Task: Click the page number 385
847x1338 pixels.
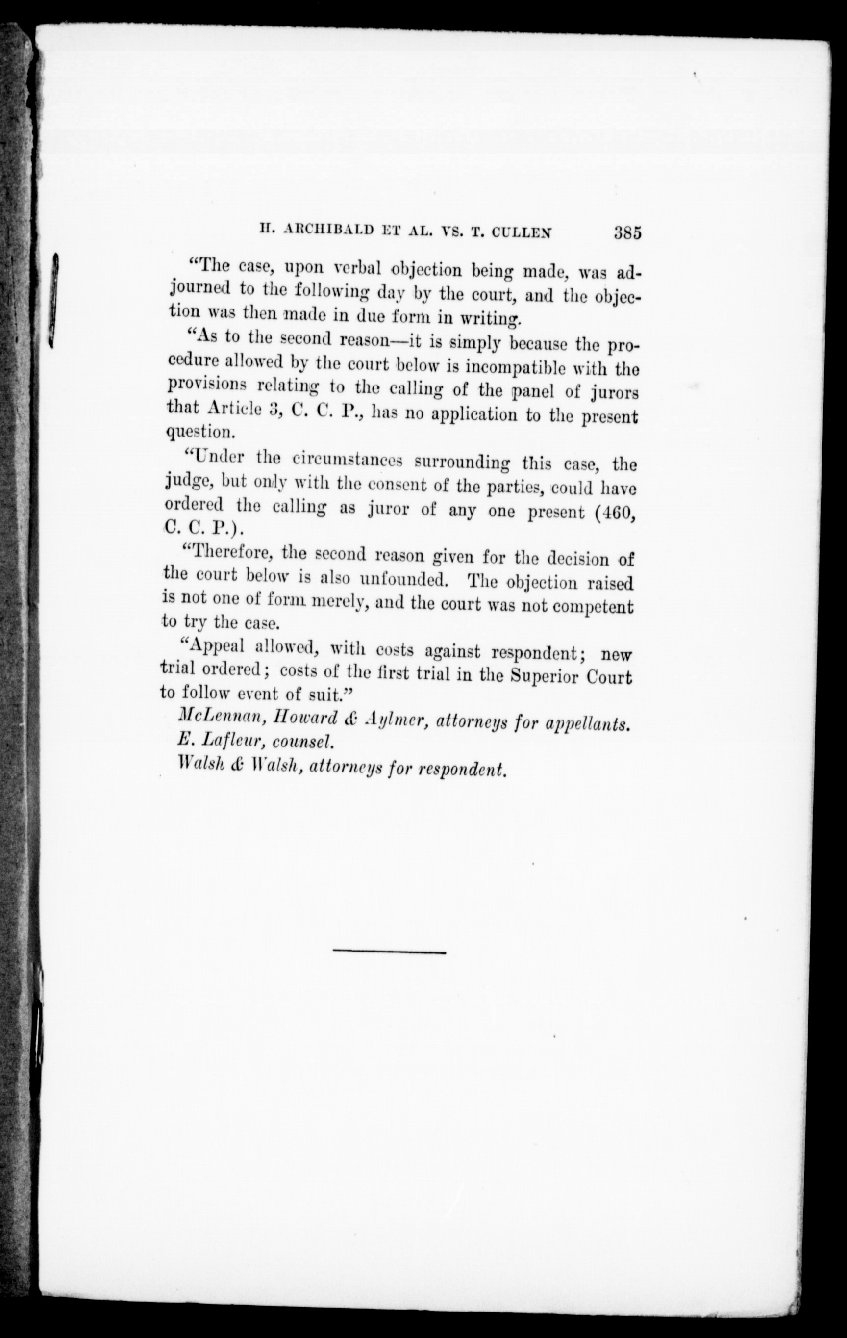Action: click(627, 231)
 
